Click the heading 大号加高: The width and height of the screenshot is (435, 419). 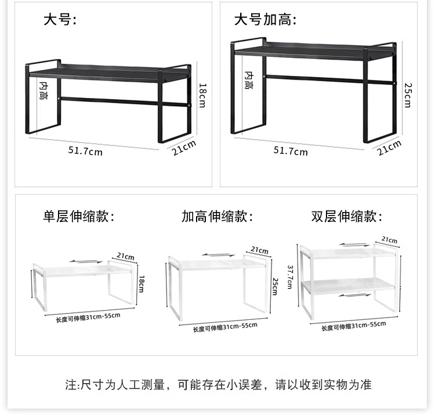[x=265, y=20]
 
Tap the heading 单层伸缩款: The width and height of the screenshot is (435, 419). [x=79, y=217]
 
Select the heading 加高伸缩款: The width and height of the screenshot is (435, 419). [x=217, y=217]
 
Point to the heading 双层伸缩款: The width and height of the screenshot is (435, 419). [x=347, y=217]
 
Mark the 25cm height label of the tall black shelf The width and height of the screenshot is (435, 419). [x=407, y=94]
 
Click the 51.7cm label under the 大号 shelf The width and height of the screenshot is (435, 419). [x=85, y=151]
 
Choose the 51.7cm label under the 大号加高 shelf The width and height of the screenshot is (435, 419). [x=291, y=151]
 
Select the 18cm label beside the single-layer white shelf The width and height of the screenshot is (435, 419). [x=141, y=284]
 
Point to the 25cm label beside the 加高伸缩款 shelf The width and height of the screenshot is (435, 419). [x=274, y=285]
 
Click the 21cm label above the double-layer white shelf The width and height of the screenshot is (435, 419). [x=389, y=240]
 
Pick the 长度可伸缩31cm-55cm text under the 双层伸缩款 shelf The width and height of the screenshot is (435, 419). [x=353, y=326]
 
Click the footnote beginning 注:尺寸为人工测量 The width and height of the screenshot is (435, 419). [x=217, y=384]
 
